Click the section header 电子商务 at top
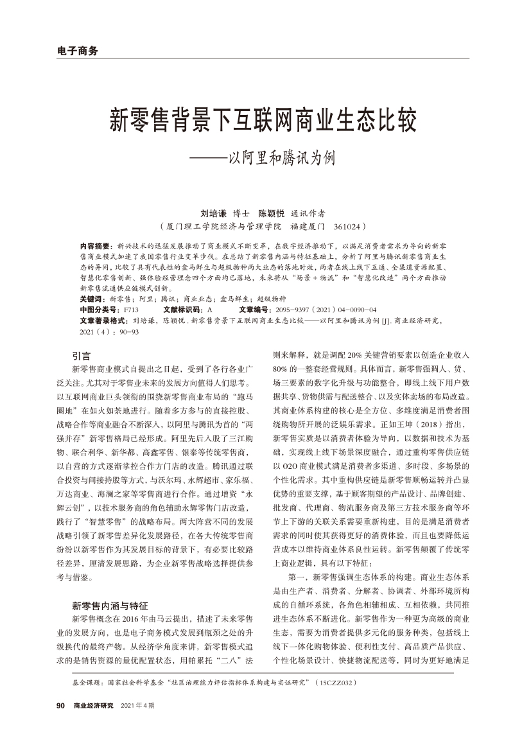tap(76, 51)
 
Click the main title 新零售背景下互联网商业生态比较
tap(265, 120)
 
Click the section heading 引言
tap(81, 355)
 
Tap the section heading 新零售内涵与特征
tap(110, 605)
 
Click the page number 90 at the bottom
tap(62, 705)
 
